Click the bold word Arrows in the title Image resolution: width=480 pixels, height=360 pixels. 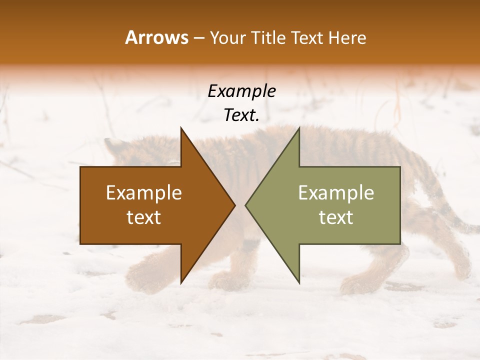click(x=156, y=37)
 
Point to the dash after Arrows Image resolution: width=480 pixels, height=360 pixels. click(x=198, y=38)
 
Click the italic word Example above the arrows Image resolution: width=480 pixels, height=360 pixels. click(x=242, y=91)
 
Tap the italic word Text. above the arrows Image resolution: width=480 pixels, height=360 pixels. click(x=242, y=115)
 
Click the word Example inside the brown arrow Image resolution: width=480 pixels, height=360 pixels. click(x=144, y=193)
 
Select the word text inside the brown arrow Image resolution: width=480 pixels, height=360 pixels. click(x=144, y=217)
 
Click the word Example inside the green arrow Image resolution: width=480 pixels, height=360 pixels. click(x=336, y=193)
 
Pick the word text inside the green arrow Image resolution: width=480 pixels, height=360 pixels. click(x=336, y=217)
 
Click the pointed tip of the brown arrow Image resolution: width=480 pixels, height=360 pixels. click(x=234, y=205)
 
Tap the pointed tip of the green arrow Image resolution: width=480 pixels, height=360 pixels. click(x=246, y=205)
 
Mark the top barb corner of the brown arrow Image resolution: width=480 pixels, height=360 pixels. click(x=181, y=128)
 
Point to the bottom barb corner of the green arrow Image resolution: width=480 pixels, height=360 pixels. click(x=299, y=282)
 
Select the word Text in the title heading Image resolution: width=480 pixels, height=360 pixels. click(x=307, y=37)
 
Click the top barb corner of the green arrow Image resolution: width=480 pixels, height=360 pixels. click(x=299, y=128)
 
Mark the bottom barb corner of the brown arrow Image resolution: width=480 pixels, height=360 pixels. click(x=181, y=282)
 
